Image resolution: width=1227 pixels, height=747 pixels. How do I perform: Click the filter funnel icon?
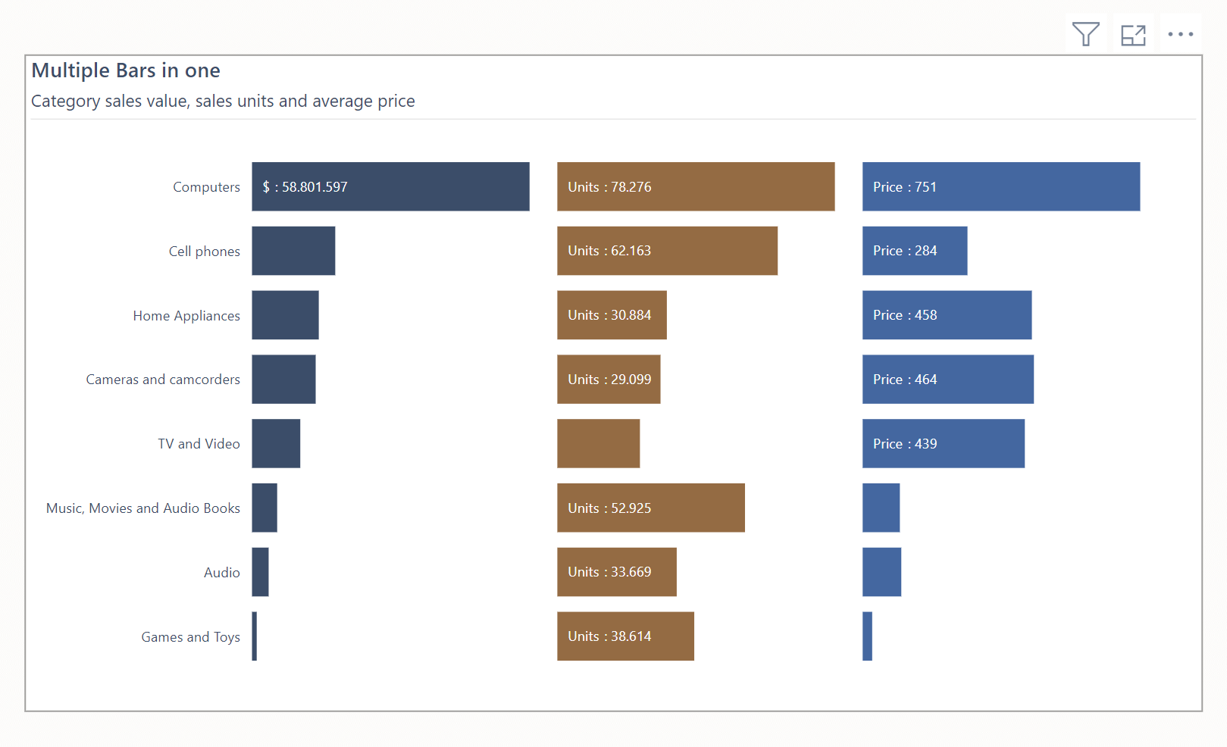(x=1085, y=34)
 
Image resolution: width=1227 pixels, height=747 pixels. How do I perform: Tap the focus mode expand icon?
(x=1133, y=35)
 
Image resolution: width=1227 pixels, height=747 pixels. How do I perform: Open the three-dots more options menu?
(x=1180, y=34)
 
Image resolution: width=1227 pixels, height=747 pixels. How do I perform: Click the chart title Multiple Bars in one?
(x=126, y=70)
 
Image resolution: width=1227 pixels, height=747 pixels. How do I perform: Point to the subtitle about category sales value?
(x=223, y=102)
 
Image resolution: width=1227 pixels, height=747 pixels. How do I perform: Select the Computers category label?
(x=206, y=187)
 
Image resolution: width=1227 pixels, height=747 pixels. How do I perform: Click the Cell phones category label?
(x=204, y=252)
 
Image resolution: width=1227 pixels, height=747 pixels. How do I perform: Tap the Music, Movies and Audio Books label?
(x=143, y=508)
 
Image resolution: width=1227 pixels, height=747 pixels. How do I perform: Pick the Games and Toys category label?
(x=190, y=637)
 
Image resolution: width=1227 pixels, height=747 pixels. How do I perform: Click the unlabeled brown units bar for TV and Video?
(x=598, y=443)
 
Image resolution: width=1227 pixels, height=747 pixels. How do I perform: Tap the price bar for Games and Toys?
(x=867, y=636)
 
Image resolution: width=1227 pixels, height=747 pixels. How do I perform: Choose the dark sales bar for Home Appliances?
(x=285, y=315)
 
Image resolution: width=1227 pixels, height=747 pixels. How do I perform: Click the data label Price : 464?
(x=905, y=380)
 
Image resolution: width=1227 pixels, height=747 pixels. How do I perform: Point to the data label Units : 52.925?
(x=609, y=508)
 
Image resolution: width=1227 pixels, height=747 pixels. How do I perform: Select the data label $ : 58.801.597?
(x=305, y=187)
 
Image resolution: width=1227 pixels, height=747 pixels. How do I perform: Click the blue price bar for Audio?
(x=881, y=572)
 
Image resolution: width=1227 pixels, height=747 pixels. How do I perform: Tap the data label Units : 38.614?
(x=609, y=636)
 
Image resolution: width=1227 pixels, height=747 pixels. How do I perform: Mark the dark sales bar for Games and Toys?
(x=255, y=636)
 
